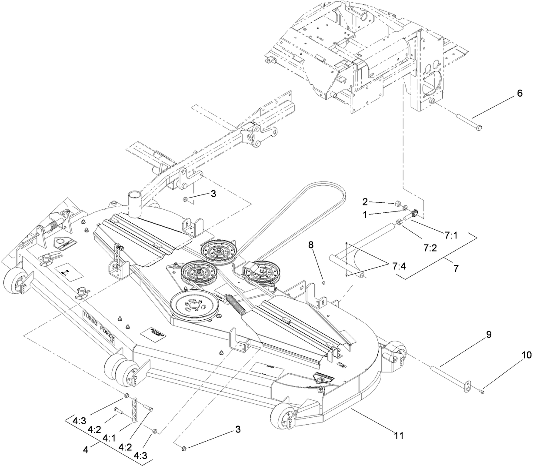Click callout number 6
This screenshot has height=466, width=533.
click(x=520, y=94)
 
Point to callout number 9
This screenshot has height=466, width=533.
click(x=489, y=335)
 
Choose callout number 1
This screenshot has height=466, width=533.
click(x=366, y=214)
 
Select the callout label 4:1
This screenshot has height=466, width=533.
click(x=110, y=438)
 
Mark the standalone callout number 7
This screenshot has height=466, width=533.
click(x=456, y=268)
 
